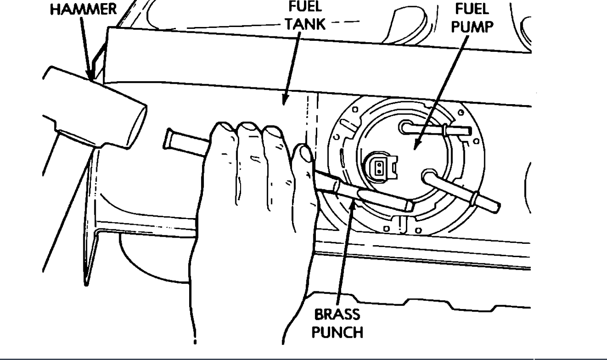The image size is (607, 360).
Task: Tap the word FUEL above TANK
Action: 305,8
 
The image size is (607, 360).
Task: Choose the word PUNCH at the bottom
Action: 338,332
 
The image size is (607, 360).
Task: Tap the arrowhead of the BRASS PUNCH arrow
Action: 353,200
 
